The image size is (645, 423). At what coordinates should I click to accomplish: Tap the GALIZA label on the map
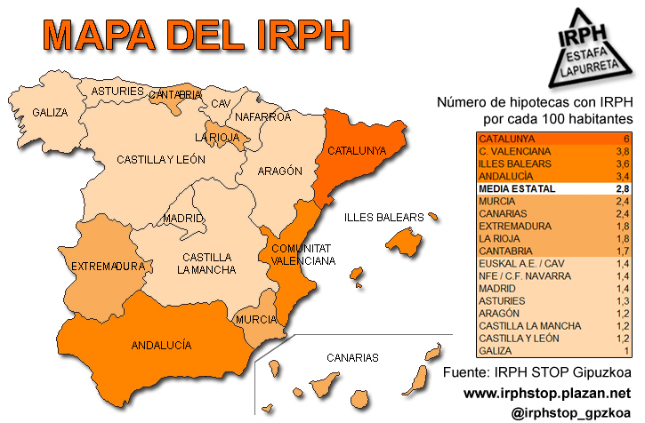(50, 113)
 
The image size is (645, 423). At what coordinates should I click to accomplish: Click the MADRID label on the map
(183, 219)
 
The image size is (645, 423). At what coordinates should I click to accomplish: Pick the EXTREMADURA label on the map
(108, 266)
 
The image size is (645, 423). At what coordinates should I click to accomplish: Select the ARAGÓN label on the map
(280, 171)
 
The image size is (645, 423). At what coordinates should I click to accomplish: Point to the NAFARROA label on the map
(262, 116)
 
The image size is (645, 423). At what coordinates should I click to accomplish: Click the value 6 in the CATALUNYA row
(626, 139)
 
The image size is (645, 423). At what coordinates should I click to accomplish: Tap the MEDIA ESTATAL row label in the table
(516, 189)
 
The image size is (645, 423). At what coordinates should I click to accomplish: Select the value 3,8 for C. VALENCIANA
(624, 151)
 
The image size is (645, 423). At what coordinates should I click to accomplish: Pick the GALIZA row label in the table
(496, 351)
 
